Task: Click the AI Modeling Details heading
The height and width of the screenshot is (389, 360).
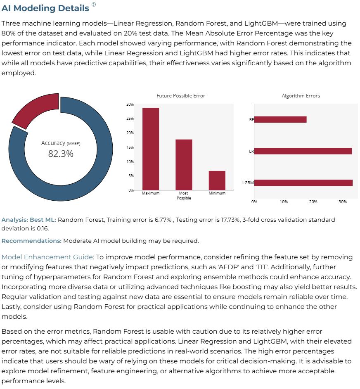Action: tap(45, 8)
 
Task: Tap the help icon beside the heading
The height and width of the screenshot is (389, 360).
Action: tap(94, 4)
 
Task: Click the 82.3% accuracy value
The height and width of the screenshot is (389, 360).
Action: tap(61, 154)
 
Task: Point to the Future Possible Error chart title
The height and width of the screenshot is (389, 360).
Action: tap(181, 96)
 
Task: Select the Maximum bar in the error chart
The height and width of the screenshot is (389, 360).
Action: tap(151, 149)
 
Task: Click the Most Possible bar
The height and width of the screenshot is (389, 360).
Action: tap(184, 165)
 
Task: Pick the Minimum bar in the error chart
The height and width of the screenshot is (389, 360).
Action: tap(217, 180)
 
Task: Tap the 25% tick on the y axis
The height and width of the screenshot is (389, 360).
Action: tap(130, 119)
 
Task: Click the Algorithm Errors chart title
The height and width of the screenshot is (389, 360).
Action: tap(301, 96)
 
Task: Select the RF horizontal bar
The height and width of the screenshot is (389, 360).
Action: tap(280, 120)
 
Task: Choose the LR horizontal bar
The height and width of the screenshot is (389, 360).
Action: tap(303, 151)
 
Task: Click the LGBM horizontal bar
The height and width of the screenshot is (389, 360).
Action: tap(303, 183)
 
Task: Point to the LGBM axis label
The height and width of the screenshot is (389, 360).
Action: tap(248, 183)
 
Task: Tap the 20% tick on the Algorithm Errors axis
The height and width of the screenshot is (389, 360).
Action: tap(313, 202)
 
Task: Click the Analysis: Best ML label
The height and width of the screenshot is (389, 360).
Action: tap(29, 220)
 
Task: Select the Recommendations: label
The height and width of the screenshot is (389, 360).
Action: tap(31, 241)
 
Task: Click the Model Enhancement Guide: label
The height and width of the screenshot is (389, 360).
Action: tap(48, 257)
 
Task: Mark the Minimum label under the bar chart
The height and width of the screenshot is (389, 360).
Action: tap(217, 193)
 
